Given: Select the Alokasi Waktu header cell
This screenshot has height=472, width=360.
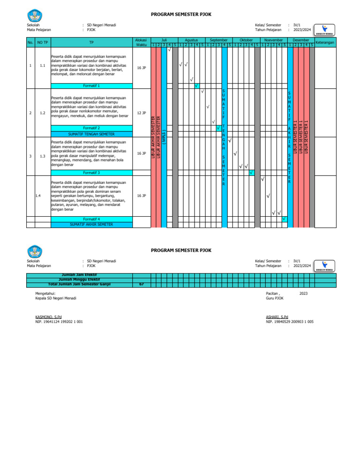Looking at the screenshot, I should point(141,43).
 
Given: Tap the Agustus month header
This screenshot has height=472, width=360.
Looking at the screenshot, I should point(191,41).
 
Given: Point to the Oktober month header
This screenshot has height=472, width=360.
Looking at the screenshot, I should point(246,41).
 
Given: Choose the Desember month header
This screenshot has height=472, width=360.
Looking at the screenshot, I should point(300,41).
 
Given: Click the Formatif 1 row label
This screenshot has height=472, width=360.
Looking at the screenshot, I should point(91,86).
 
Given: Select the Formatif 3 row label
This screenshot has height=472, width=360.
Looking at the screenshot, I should point(91,173).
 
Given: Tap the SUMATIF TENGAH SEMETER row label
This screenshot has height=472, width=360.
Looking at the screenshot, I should point(91,134).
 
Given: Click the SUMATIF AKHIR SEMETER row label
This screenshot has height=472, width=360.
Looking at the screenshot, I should point(91,225).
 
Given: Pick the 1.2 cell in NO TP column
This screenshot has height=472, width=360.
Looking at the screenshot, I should point(43,113).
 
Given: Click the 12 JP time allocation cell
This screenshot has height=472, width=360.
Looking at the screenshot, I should point(141,113).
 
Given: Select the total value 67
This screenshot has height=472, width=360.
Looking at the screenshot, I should point(141,283).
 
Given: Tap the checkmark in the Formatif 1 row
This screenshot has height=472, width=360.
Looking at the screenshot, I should point(196,86).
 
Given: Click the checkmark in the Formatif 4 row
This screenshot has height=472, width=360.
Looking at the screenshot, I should point(284,219).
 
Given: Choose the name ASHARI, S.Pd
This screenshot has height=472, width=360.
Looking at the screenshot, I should point(277,317).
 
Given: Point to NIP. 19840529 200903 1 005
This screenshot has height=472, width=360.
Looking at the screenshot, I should point(289,322).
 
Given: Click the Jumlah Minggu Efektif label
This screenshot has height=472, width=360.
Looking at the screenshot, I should point(78,279).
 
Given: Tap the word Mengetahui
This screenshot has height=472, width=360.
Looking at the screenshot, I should point(45,293).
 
